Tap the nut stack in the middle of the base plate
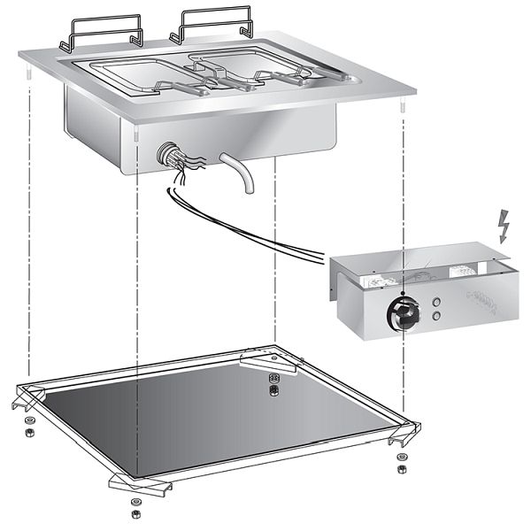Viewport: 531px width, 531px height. click(273, 389)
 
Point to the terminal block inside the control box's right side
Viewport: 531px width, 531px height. click(483, 296)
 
